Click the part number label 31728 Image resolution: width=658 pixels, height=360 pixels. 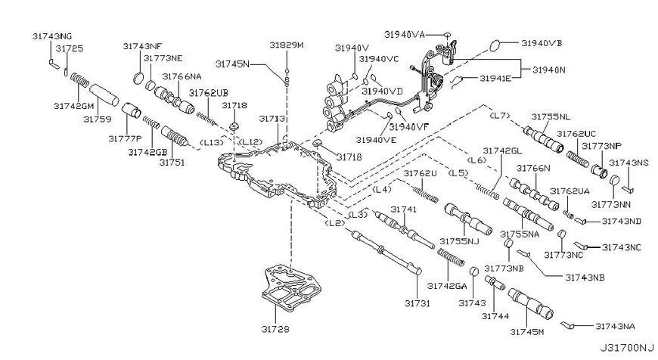coord(275,330)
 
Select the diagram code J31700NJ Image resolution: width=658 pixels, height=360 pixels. coord(626,348)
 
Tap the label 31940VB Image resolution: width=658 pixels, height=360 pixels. coord(542,43)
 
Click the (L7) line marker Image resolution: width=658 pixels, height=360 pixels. coord(500,116)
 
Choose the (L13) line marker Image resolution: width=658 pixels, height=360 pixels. coord(212,142)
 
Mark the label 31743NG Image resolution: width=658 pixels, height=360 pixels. coord(52,36)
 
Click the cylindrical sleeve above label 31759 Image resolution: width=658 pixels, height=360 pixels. coord(104,95)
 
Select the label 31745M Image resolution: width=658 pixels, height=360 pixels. coord(527,332)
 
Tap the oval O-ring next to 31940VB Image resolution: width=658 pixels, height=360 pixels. coord(495,45)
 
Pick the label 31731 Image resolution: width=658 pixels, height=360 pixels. coord(417,303)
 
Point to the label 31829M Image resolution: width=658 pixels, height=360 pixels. coord(286,45)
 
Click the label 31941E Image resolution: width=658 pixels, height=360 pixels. coord(495,78)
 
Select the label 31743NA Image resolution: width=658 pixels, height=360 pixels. coord(615,327)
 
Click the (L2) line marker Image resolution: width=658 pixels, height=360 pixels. coord(334,223)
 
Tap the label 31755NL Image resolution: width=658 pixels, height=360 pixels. coord(551,117)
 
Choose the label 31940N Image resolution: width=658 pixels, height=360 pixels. coord(549,70)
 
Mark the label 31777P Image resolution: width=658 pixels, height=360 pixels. coord(125,138)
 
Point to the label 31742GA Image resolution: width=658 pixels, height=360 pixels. coord(447,286)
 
